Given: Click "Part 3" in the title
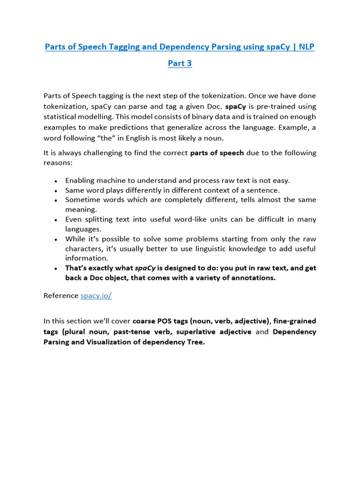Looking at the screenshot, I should (180, 63).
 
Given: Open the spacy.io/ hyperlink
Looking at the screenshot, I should (96, 295).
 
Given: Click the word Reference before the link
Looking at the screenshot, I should (61, 295).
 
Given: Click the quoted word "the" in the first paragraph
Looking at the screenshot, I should (102, 138).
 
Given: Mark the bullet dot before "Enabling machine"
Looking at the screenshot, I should (56, 181).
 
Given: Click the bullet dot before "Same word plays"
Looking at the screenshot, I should (56, 191).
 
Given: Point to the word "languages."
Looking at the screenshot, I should (83, 229).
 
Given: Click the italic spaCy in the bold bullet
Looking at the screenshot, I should (145, 268).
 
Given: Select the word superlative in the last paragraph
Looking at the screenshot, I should (196, 332).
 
